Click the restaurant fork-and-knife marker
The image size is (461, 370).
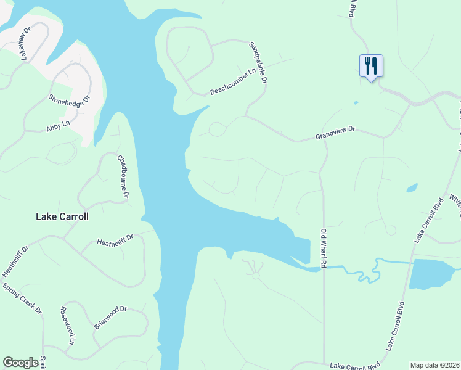pos(371,65)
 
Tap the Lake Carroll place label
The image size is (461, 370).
pos(62,217)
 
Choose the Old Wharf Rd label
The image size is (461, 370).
pos(323,248)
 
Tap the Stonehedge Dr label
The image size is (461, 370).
pos(70,98)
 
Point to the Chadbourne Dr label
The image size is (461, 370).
pos(123,176)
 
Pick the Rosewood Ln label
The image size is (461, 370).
pos(67,326)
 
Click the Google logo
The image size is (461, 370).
pos(21,363)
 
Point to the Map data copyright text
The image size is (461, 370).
pos(435,365)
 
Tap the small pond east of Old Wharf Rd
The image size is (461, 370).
pos(412,187)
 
